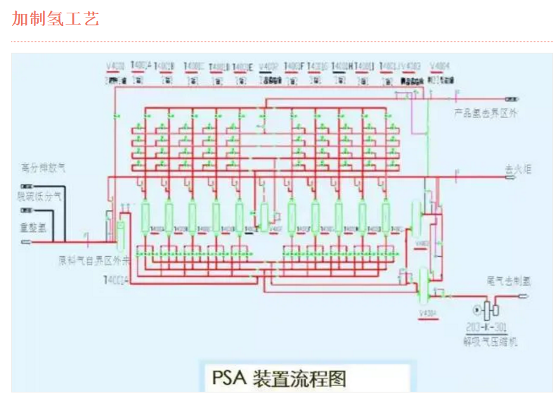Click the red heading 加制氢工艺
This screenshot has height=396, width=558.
coord(56,19)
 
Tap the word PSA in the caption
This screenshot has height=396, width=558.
coord(228,378)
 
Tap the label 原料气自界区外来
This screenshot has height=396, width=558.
coord(94,260)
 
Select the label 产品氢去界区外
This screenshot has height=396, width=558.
coord(486,113)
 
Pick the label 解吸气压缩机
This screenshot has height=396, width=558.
coord(490,343)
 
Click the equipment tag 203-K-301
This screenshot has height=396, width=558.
coord(487,327)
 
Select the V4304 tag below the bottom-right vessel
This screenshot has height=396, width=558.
coord(427,313)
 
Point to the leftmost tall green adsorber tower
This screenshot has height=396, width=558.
coord(147,216)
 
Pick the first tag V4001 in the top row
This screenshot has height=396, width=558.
coord(115,67)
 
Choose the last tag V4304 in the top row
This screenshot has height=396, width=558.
coord(439,67)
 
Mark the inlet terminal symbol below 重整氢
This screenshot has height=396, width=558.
coord(27,241)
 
